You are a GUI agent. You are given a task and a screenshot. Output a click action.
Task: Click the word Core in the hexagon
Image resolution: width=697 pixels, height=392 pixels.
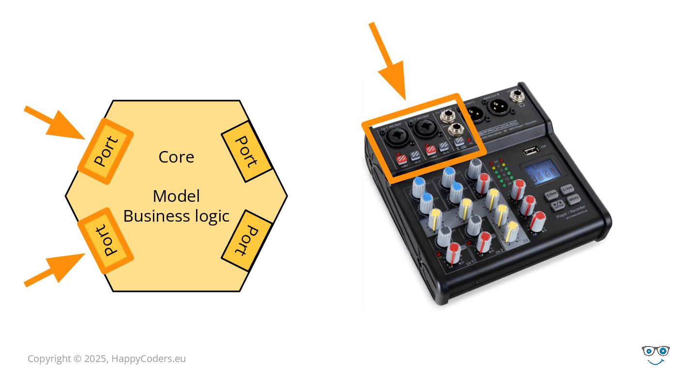click(x=176, y=157)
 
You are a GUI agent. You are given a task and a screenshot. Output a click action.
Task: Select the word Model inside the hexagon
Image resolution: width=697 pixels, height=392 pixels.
click(x=176, y=196)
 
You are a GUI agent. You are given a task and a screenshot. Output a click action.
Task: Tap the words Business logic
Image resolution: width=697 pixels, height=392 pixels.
click(x=176, y=216)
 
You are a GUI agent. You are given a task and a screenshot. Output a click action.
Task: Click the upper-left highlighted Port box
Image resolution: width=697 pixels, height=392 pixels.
click(x=106, y=151)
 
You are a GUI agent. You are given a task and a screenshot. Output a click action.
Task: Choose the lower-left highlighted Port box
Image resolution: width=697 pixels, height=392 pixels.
click(x=106, y=241)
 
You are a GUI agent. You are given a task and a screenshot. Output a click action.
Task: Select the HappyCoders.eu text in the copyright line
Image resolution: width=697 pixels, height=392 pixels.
click(x=149, y=359)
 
